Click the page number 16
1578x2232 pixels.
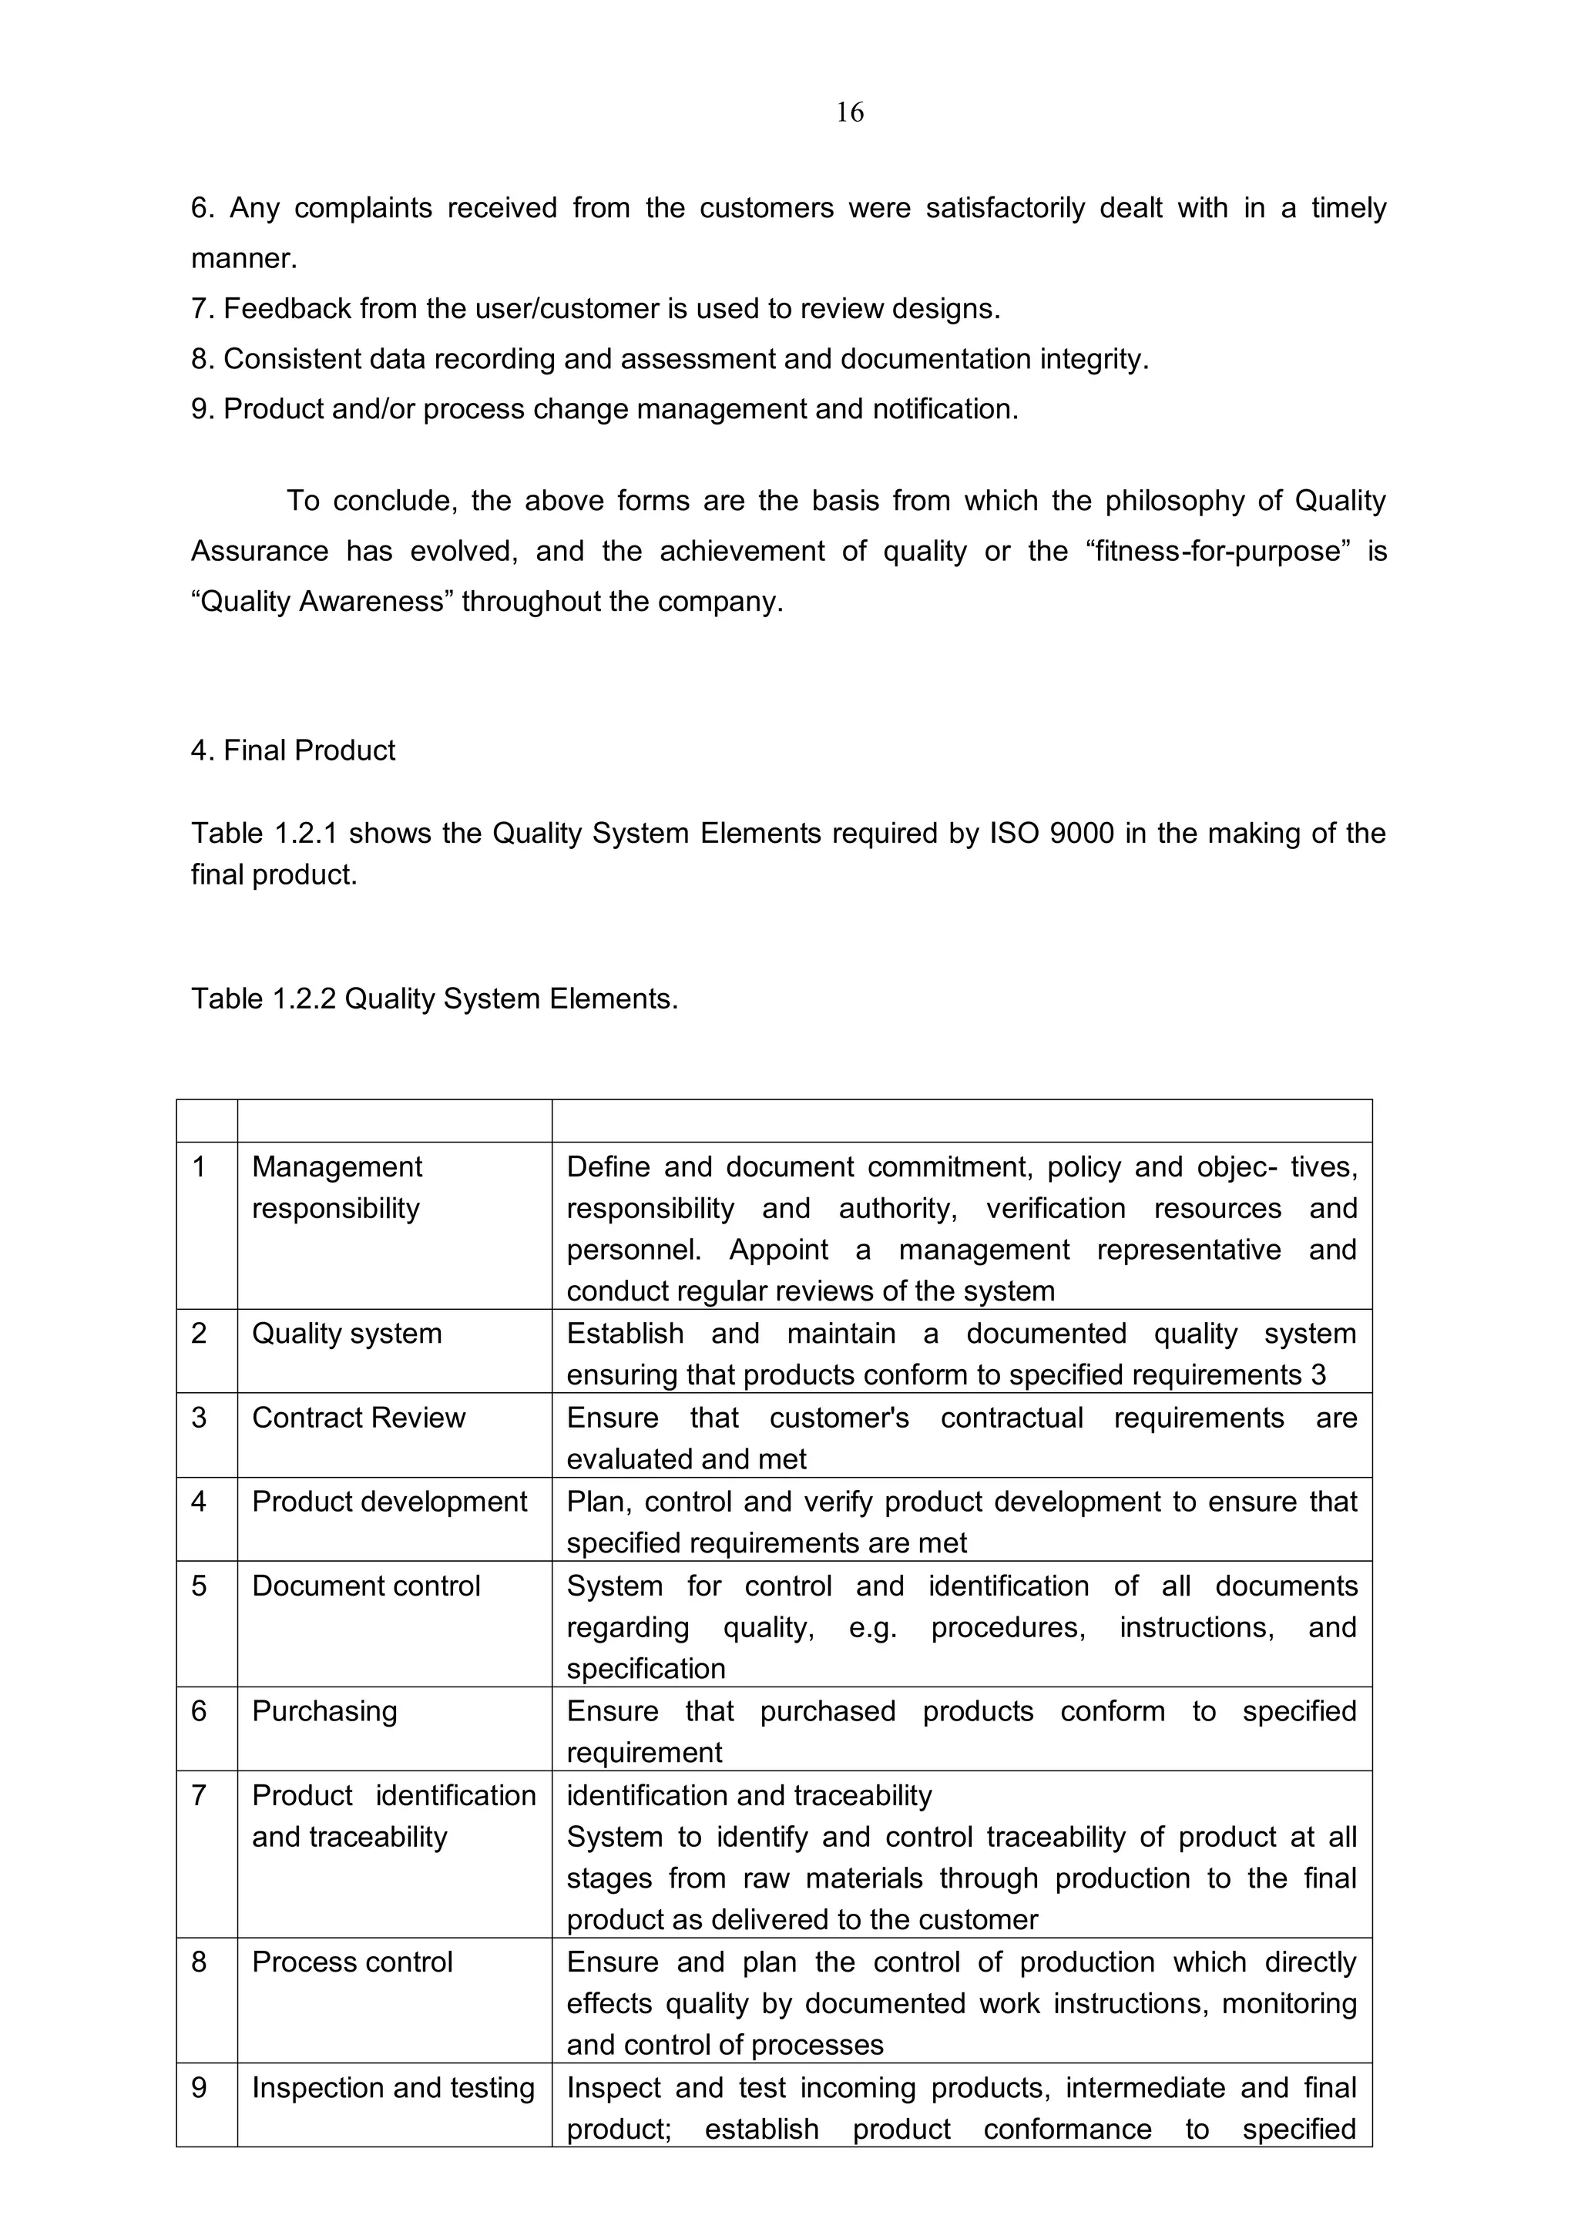pyautogui.click(x=849, y=112)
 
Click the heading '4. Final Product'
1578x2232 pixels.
pyautogui.click(x=293, y=750)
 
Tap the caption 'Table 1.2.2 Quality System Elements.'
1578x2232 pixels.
pyautogui.click(x=434, y=999)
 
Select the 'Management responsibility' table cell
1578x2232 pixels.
pyautogui.click(x=337, y=1187)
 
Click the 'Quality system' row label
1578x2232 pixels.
pyautogui.click(x=346, y=1333)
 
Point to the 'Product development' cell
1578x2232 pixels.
pyautogui.click(x=389, y=1501)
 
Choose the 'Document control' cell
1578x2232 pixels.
pyautogui.click(x=365, y=1586)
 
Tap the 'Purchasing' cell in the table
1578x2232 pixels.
pyautogui.click(x=324, y=1711)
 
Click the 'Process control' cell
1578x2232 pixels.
pyautogui.click(x=352, y=1962)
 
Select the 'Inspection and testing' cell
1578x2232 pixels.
pyautogui.click(x=393, y=2087)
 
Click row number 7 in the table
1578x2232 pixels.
pyautogui.click(x=200, y=1794)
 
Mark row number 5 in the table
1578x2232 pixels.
pyautogui.click(x=200, y=1586)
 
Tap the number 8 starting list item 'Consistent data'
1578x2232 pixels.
pyautogui.click(x=200, y=360)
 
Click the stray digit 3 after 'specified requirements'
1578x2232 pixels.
pyautogui.click(x=1318, y=1374)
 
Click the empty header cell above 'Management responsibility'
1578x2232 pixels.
pyautogui.click(x=394, y=1121)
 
